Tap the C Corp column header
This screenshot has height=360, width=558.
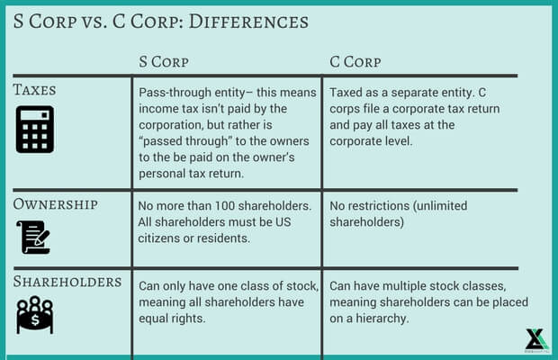coord(355,62)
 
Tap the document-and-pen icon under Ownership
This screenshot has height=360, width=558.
coord(33,237)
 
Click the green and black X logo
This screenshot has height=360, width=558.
coord(536,340)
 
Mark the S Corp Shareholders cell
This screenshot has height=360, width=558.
coord(227,301)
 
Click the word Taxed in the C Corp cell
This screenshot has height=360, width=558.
coord(347,92)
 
